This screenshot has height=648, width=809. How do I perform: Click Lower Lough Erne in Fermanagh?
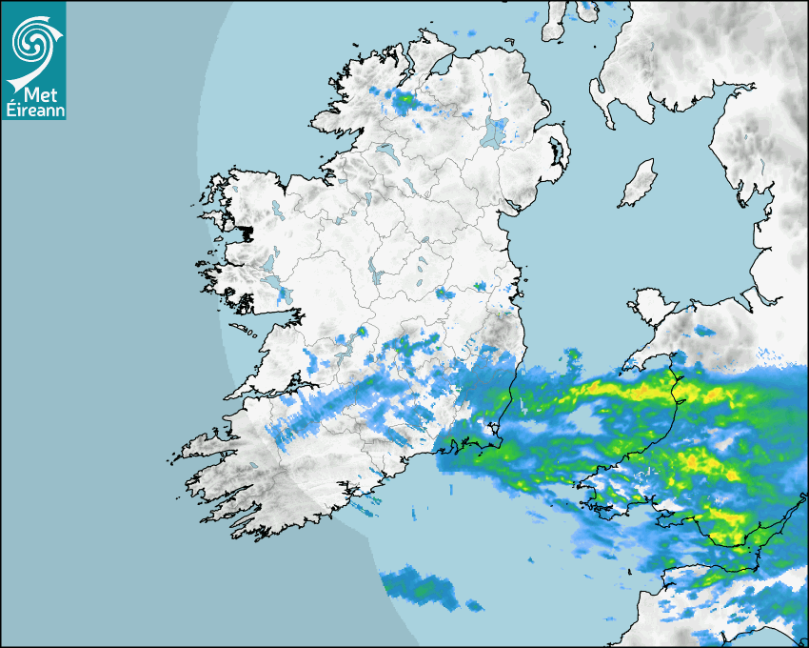[386, 152]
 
